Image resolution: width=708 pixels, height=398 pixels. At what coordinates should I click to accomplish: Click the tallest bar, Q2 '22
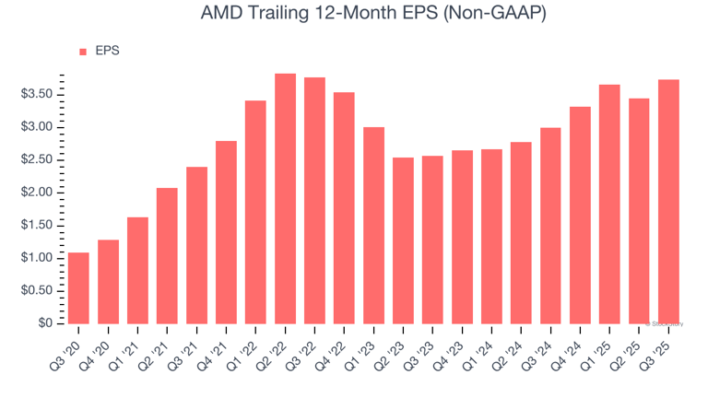point(286,198)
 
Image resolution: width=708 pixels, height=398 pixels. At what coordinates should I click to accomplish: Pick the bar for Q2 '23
point(404,240)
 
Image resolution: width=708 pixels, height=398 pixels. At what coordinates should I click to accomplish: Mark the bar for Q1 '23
point(374,225)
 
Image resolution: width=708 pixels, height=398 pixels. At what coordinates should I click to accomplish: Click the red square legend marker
point(83,52)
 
